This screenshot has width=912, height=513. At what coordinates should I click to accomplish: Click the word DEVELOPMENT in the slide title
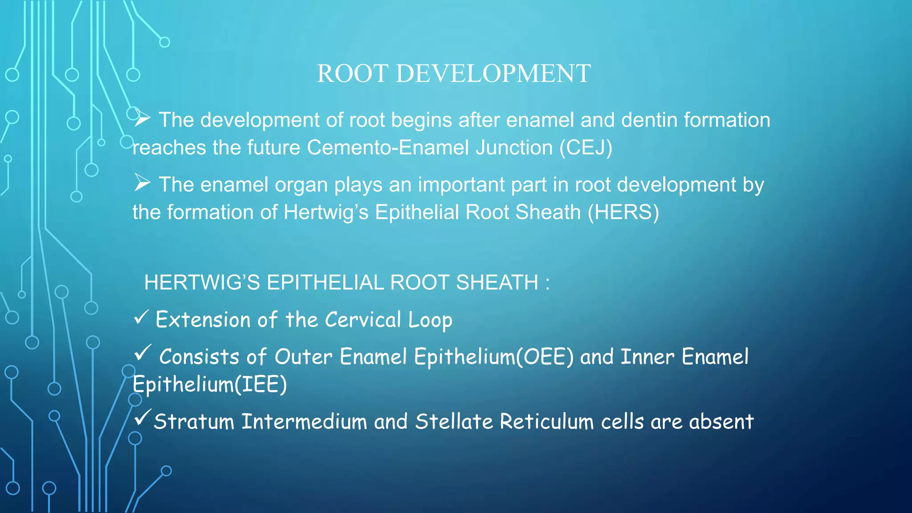[x=493, y=73]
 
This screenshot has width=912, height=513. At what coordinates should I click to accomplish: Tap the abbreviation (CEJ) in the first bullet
[x=586, y=148]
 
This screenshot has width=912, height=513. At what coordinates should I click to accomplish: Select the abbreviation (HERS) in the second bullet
[x=623, y=212]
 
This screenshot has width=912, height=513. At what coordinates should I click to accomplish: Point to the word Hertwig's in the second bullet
[x=326, y=212]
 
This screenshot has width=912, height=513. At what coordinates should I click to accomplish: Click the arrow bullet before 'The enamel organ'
[x=142, y=183]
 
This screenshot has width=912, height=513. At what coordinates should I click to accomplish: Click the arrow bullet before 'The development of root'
[x=142, y=118]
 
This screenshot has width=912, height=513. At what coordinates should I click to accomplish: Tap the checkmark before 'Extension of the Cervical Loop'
[x=141, y=318]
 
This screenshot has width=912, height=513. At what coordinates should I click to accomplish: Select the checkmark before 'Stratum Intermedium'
[x=142, y=417]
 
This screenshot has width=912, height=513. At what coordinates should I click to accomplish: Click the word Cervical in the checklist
[x=363, y=320]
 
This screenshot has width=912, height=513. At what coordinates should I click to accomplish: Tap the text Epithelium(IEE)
[x=210, y=385]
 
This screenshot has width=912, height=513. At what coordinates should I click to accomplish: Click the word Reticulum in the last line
[x=546, y=422]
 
